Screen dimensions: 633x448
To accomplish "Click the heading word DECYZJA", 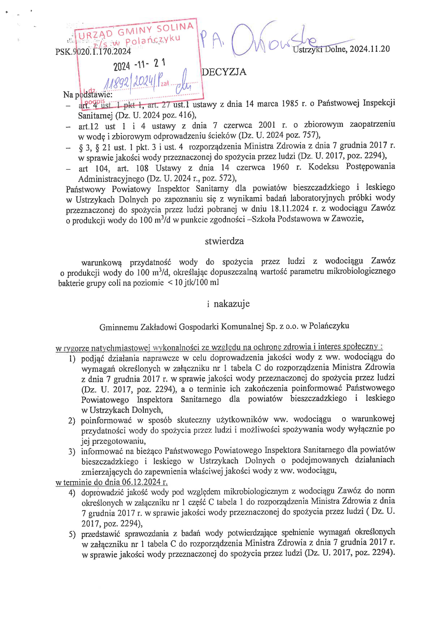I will [x=224, y=72].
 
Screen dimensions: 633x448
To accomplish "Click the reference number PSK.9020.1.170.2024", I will [x=93, y=51].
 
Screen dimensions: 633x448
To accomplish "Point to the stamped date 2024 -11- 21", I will [x=139, y=65].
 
